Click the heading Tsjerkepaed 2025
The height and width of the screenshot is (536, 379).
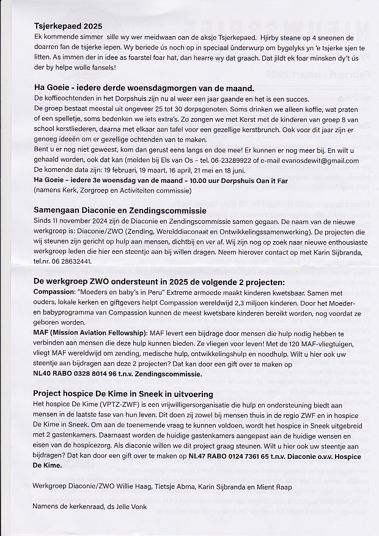pos(68,26)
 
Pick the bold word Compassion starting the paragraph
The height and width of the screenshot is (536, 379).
pos(54,293)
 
